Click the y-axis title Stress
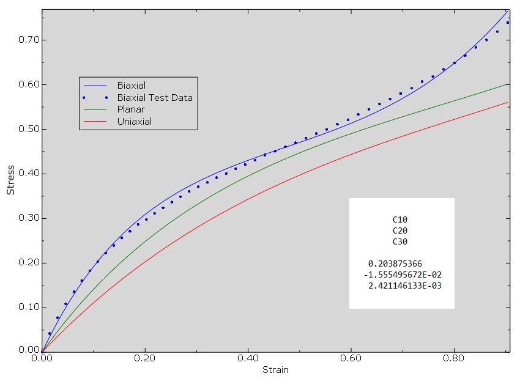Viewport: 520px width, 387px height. [x=10, y=180]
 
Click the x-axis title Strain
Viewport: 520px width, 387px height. [x=275, y=370]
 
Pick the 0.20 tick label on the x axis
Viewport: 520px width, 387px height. [x=145, y=359]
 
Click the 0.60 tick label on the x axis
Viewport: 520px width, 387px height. [x=351, y=359]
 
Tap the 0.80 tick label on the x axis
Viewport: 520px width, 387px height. [x=454, y=359]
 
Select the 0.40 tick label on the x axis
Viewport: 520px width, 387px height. [x=248, y=359]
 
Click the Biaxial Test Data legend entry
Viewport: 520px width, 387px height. [x=155, y=97]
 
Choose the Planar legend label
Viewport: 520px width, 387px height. [x=131, y=109]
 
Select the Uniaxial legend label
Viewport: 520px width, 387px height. [x=135, y=122]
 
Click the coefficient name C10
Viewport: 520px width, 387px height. [x=400, y=219]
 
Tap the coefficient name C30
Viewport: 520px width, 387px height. [x=400, y=241]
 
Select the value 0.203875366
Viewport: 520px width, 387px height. [x=395, y=264]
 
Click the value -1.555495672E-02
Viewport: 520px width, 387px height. [x=403, y=275]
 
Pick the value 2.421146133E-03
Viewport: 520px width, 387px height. [x=405, y=286]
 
